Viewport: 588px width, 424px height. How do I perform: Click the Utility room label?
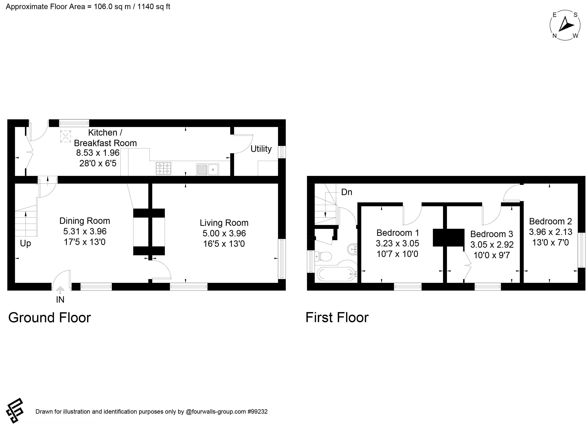[261, 149]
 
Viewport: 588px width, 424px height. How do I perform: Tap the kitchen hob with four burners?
[163, 168]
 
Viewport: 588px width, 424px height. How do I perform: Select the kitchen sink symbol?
[207, 169]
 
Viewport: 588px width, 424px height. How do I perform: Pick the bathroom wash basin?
[352, 249]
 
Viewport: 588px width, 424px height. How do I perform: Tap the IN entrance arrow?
[60, 290]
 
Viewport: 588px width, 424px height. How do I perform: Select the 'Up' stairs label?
[25, 243]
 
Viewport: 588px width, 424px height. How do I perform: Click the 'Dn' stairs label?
[347, 192]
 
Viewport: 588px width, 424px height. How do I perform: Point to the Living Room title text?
[224, 223]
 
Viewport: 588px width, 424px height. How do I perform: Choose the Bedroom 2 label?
[550, 221]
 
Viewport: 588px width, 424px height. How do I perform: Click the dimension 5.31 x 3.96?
[85, 231]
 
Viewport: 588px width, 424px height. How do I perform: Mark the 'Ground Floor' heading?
[50, 318]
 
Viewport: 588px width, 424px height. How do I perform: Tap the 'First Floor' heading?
[337, 317]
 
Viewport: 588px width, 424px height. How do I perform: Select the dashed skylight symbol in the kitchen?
[66, 136]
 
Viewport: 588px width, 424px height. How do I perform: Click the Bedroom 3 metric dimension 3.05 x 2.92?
[492, 245]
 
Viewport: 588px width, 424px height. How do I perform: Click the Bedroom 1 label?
[398, 233]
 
